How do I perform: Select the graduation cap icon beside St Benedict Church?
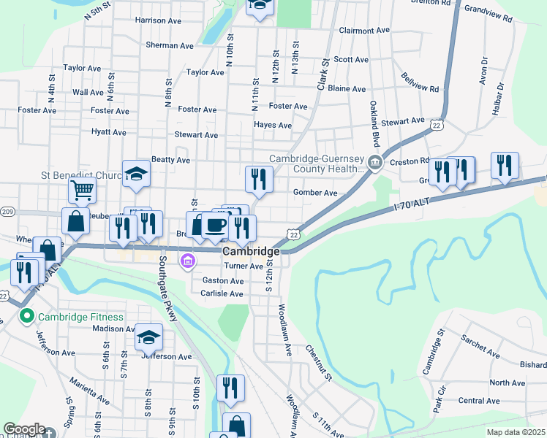[136, 174]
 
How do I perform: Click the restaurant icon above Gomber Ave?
[259, 179]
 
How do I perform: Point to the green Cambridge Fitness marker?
[28, 317]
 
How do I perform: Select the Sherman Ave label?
[170, 45]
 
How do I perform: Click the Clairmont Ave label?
[366, 31]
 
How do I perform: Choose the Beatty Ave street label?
[170, 160]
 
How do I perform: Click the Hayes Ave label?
[273, 125]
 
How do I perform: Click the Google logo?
[23, 429]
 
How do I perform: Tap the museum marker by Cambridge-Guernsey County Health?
[374, 162]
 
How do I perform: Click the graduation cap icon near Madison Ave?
[148, 337]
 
